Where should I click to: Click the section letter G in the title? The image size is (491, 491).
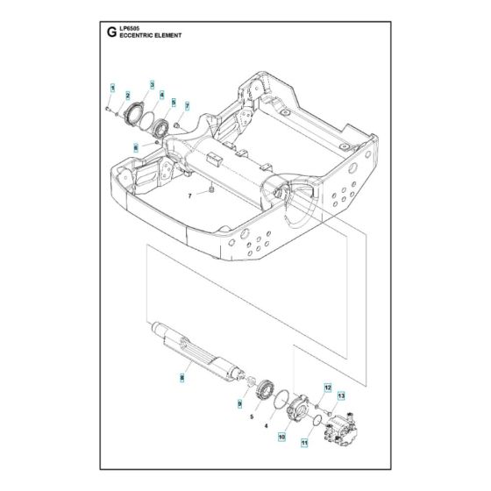pyautogui.click(x=110, y=34)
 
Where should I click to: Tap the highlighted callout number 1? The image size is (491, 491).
pyautogui.click(x=112, y=89)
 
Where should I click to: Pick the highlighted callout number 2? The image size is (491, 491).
pyautogui.click(x=128, y=95)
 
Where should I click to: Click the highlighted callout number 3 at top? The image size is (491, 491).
pyautogui.click(x=151, y=85)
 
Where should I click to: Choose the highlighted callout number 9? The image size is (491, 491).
pyautogui.click(x=238, y=402)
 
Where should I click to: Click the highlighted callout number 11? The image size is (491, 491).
pyautogui.click(x=306, y=444)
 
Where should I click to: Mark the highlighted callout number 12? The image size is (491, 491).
pyautogui.click(x=327, y=387)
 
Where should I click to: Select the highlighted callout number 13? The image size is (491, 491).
pyautogui.click(x=341, y=396)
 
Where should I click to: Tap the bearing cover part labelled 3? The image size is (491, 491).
pyautogui.click(x=138, y=114)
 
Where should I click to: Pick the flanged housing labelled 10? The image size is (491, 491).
pyautogui.click(x=299, y=408)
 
